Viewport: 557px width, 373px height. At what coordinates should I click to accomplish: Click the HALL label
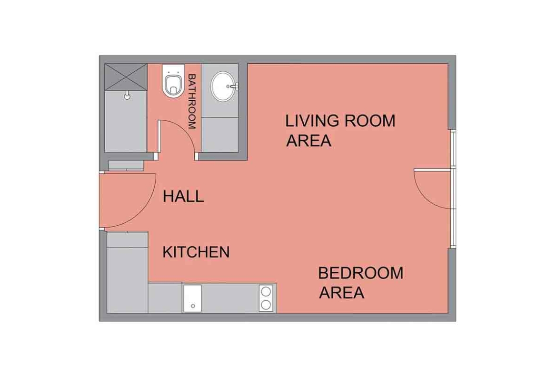pyautogui.click(x=183, y=196)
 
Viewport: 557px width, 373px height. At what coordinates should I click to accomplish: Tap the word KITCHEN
pyautogui.click(x=196, y=252)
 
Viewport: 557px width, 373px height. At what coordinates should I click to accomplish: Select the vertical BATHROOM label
pyautogui.click(x=192, y=101)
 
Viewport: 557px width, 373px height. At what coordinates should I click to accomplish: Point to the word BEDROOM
pyautogui.click(x=361, y=273)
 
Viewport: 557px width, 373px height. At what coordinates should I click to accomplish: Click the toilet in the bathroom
pyautogui.click(x=173, y=81)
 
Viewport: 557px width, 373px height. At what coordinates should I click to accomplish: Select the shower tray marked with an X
pyautogui.click(x=126, y=77)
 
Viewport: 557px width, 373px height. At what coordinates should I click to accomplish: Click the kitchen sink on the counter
pyautogui.click(x=192, y=298)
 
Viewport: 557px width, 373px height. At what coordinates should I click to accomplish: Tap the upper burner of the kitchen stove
pyautogui.click(x=266, y=292)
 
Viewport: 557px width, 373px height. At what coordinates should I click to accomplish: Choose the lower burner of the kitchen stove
pyautogui.click(x=266, y=305)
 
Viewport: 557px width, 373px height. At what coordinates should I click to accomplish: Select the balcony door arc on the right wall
pyautogui.click(x=423, y=195)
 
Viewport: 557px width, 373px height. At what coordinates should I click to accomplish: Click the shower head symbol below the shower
pyautogui.click(x=127, y=95)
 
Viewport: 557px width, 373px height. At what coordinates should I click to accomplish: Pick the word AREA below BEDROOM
pyautogui.click(x=341, y=293)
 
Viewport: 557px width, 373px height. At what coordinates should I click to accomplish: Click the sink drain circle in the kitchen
pyautogui.click(x=193, y=306)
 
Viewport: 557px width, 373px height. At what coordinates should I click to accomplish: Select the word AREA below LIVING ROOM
pyautogui.click(x=308, y=141)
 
